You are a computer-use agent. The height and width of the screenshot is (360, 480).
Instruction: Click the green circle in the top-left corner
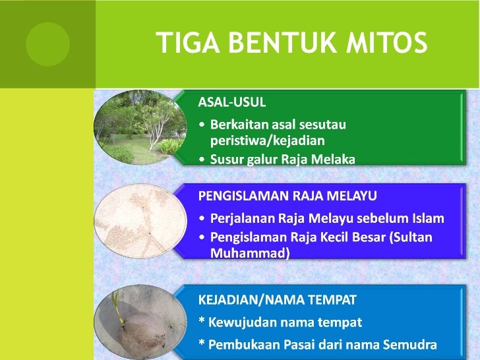point(47,44)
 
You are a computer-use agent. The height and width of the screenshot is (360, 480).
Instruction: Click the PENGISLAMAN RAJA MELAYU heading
point(288,196)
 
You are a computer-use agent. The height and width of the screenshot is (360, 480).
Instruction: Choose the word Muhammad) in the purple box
point(250,252)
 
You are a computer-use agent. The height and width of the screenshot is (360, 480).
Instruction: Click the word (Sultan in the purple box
point(412,237)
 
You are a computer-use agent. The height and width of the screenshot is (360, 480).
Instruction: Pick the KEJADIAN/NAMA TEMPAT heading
point(278,300)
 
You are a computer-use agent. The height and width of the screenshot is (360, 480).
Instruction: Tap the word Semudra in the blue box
point(410,344)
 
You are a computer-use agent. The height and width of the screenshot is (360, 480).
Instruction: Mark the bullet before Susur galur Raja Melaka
point(202,159)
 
